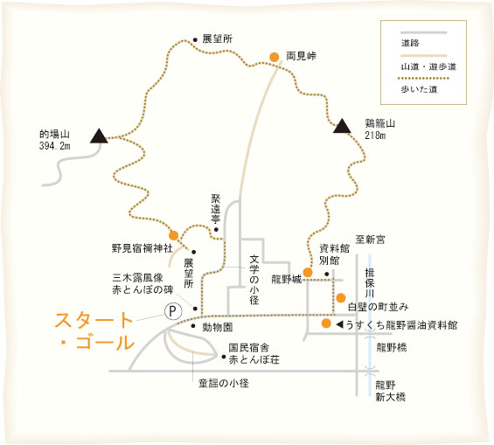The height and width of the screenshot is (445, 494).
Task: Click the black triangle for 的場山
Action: click(x=99, y=136)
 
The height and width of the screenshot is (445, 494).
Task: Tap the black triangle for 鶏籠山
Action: click(x=342, y=126)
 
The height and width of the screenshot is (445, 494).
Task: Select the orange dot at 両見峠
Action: click(x=275, y=57)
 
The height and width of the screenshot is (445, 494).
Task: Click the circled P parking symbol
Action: click(x=173, y=311)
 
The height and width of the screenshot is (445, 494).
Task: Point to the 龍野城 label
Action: click(x=287, y=280)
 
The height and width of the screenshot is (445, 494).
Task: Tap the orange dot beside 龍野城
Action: click(x=308, y=272)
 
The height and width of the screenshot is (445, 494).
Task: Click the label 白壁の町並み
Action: click(x=378, y=307)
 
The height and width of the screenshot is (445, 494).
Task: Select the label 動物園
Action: click(x=218, y=327)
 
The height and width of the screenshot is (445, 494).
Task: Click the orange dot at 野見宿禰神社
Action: click(x=173, y=235)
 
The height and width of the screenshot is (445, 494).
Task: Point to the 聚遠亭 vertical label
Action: click(x=216, y=209)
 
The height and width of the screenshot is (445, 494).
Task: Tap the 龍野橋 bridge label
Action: click(x=392, y=347)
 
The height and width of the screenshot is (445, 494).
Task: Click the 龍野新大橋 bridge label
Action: click(x=390, y=391)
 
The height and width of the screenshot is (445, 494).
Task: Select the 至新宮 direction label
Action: click(x=370, y=240)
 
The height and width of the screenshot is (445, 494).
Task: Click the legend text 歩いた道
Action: click(x=419, y=89)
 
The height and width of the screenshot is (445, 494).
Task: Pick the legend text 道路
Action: click(x=410, y=43)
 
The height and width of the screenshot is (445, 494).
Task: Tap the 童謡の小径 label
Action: click(x=223, y=383)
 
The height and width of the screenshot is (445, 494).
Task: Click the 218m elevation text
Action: click(x=375, y=136)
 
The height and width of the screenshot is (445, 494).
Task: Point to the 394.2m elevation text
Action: click(x=55, y=146)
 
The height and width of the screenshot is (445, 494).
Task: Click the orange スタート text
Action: click(x=94, y=320)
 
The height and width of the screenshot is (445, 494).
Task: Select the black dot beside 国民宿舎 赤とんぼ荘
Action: click(x=224, y=357)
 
